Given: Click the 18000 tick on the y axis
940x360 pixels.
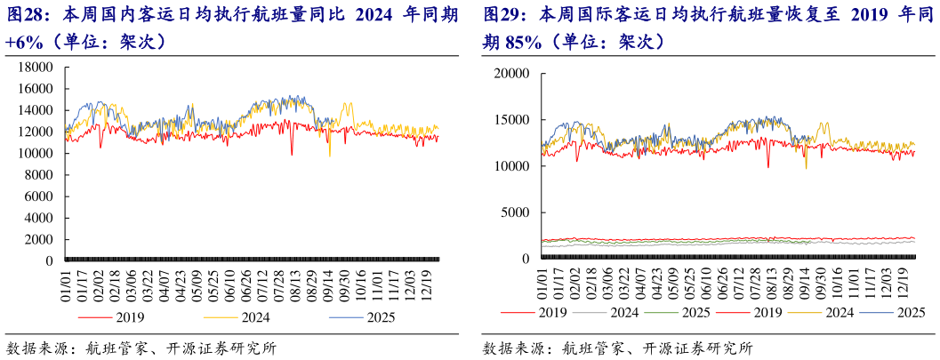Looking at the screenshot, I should pos(36,68).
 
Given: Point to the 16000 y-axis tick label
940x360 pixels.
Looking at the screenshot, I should pos(36,89).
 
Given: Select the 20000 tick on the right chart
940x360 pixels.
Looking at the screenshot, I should pos(513,74).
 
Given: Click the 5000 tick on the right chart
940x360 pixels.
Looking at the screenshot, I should pos(517,212).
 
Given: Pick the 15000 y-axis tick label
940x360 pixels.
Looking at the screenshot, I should pos(513,120).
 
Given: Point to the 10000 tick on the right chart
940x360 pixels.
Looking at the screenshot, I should pos(513,166).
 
